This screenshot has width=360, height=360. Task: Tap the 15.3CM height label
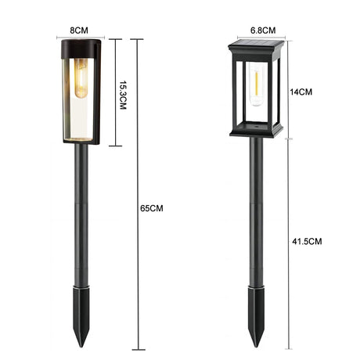pyautogui.click(x=123, y=93)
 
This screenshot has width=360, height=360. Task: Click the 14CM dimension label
pyautogui.click(x=302, y=91)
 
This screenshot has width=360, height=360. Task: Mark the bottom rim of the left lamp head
pyautogui.click(x=79, y=142)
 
